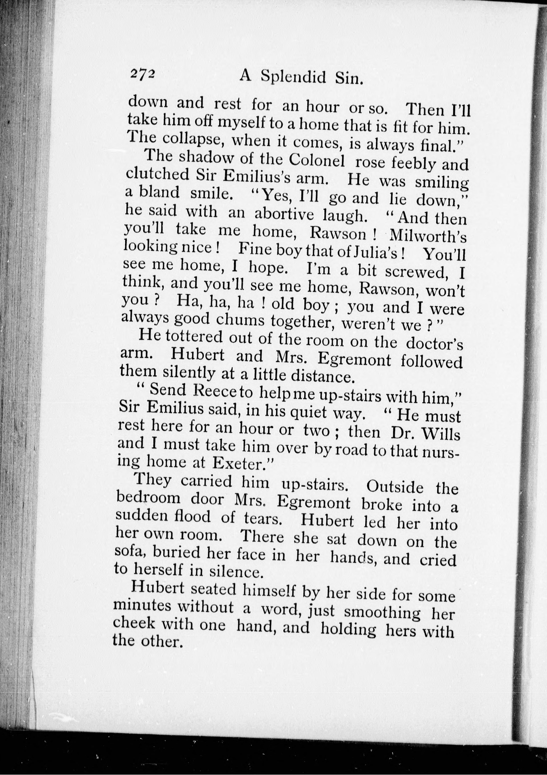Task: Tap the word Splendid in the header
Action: pos(293,78)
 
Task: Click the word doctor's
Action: pos(434,344)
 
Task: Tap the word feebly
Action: pos(414,163)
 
